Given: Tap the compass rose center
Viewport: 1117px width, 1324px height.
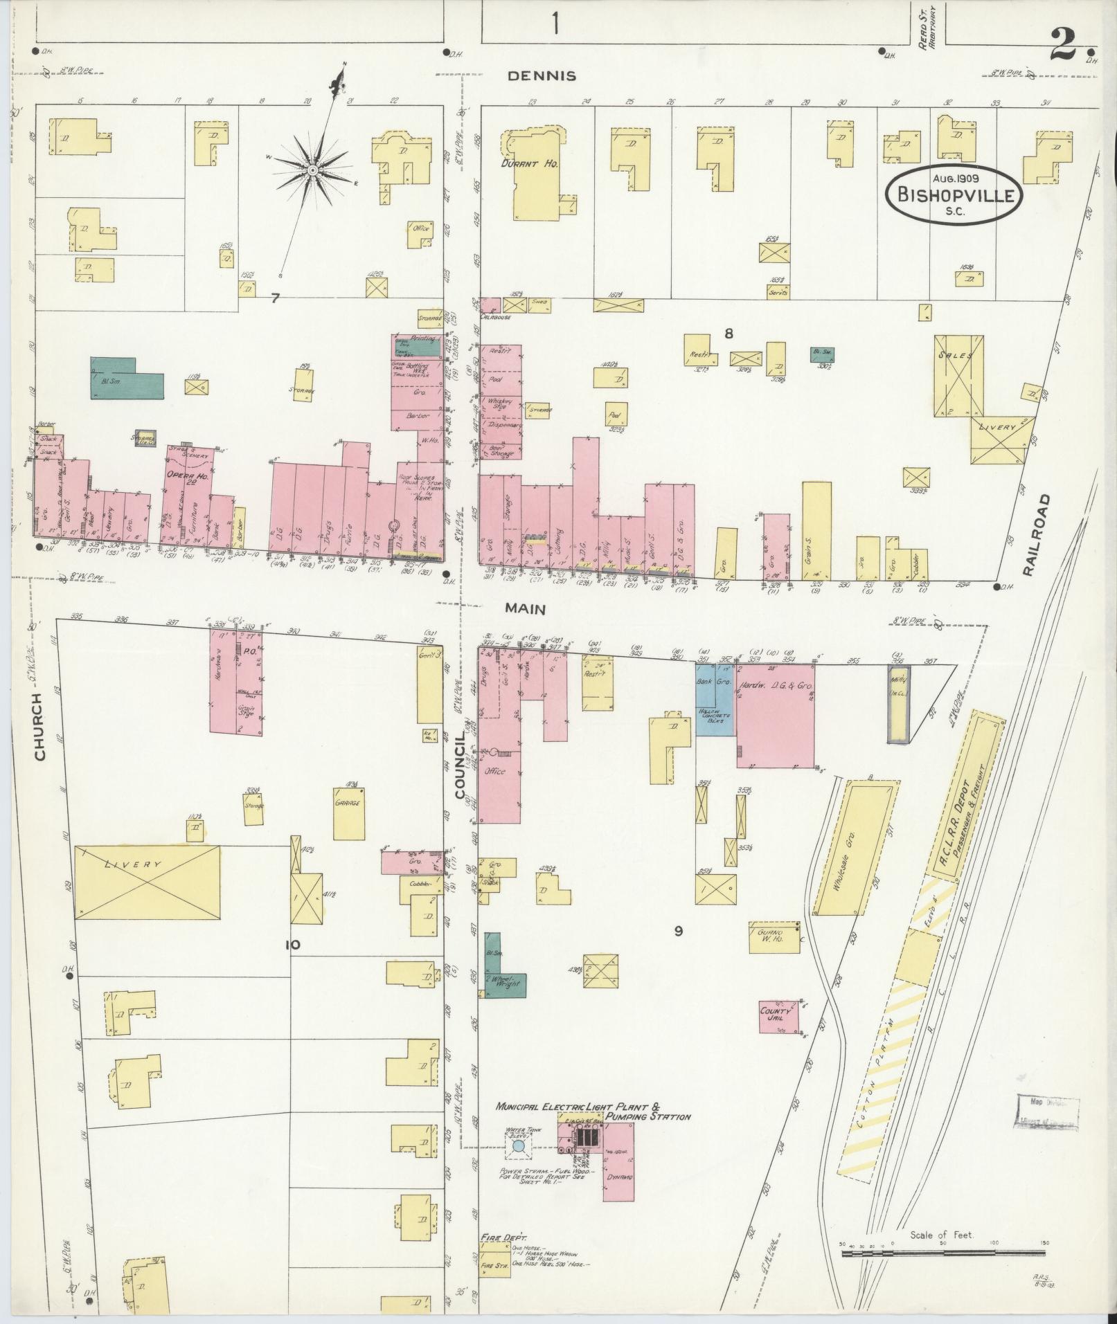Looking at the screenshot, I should tap(312, 170).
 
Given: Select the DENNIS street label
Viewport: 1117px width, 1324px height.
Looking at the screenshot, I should tap(542, 76).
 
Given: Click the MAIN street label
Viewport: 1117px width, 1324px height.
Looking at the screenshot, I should tap(525, 609).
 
